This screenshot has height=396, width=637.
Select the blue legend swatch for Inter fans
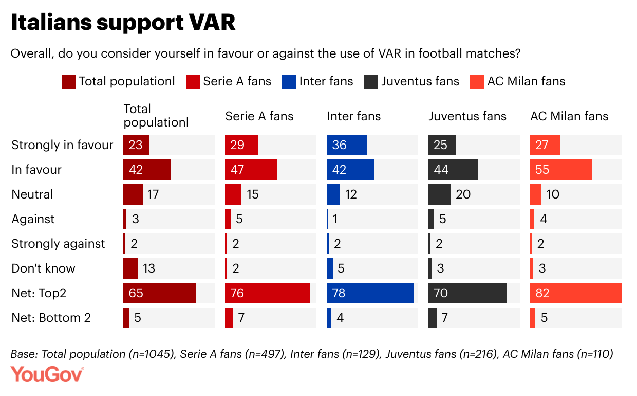(289, 82)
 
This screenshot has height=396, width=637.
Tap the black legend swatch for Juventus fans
(371, 82)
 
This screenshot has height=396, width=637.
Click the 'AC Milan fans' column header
(569, 116)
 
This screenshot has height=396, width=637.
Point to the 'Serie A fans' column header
(259, 116)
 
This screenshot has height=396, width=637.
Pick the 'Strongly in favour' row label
(62, 145)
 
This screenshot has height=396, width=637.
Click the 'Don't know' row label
(43, 268)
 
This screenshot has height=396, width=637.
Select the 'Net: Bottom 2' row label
(51, 318)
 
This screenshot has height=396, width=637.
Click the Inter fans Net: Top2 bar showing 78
(370, 293)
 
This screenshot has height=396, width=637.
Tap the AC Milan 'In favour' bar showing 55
(561, 170)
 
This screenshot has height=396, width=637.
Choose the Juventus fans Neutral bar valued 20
(440, 194)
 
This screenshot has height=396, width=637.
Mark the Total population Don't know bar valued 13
(130, 268)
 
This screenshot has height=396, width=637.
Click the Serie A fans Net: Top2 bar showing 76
(268, 293)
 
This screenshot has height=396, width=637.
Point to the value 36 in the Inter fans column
(340, 145)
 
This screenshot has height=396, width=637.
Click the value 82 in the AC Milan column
(542, 293)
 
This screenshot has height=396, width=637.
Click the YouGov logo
(47, 374)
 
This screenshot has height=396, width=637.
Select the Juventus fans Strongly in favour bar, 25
(442, 145)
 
